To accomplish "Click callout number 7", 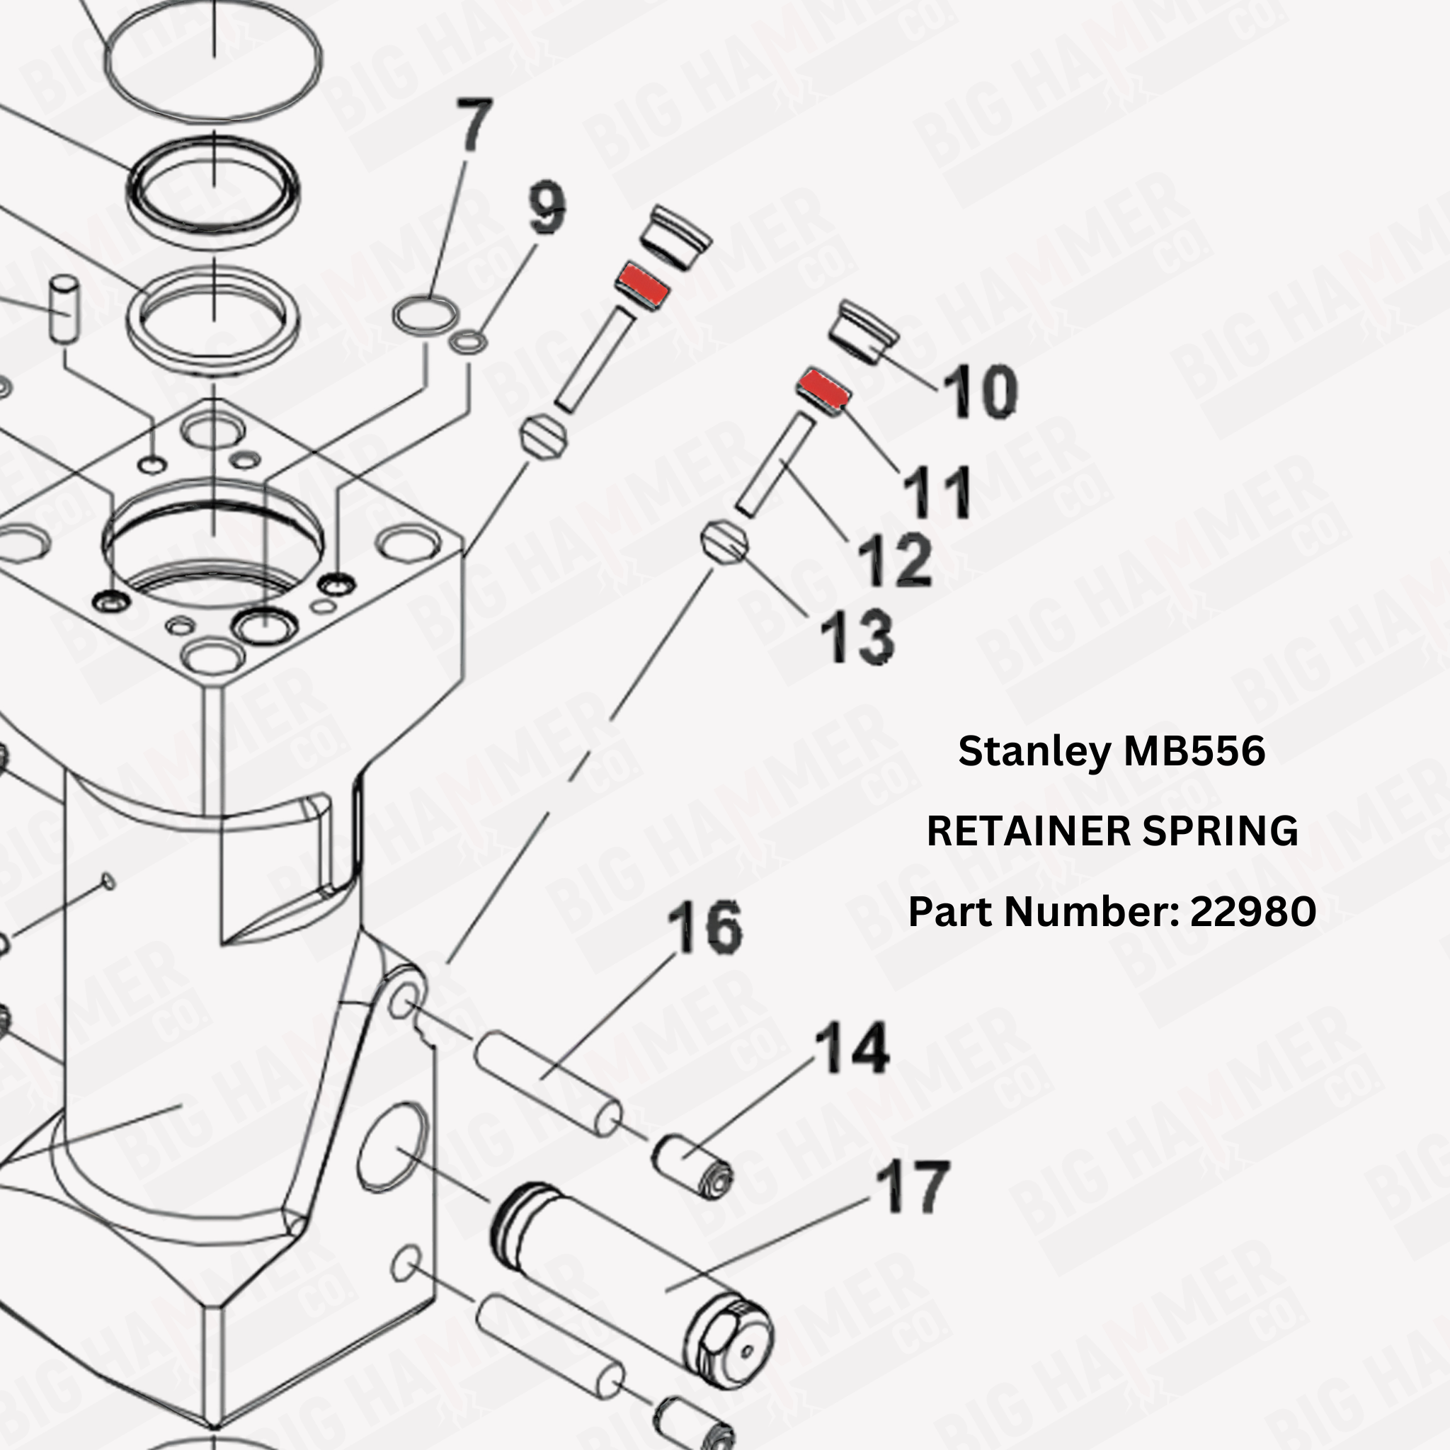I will click(x=474, y=124).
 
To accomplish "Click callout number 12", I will click(x=895, y=560).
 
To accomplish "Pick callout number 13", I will click(x=857, y=637).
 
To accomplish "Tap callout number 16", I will click(x=704, y=928).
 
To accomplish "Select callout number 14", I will click(x=852, y=1048).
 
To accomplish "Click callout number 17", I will click(x=913, y=1187).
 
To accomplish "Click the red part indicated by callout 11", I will click(x=823, y=388).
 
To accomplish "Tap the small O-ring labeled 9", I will click(x=467, y=343).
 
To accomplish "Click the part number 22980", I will click(x=1252, y=911).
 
